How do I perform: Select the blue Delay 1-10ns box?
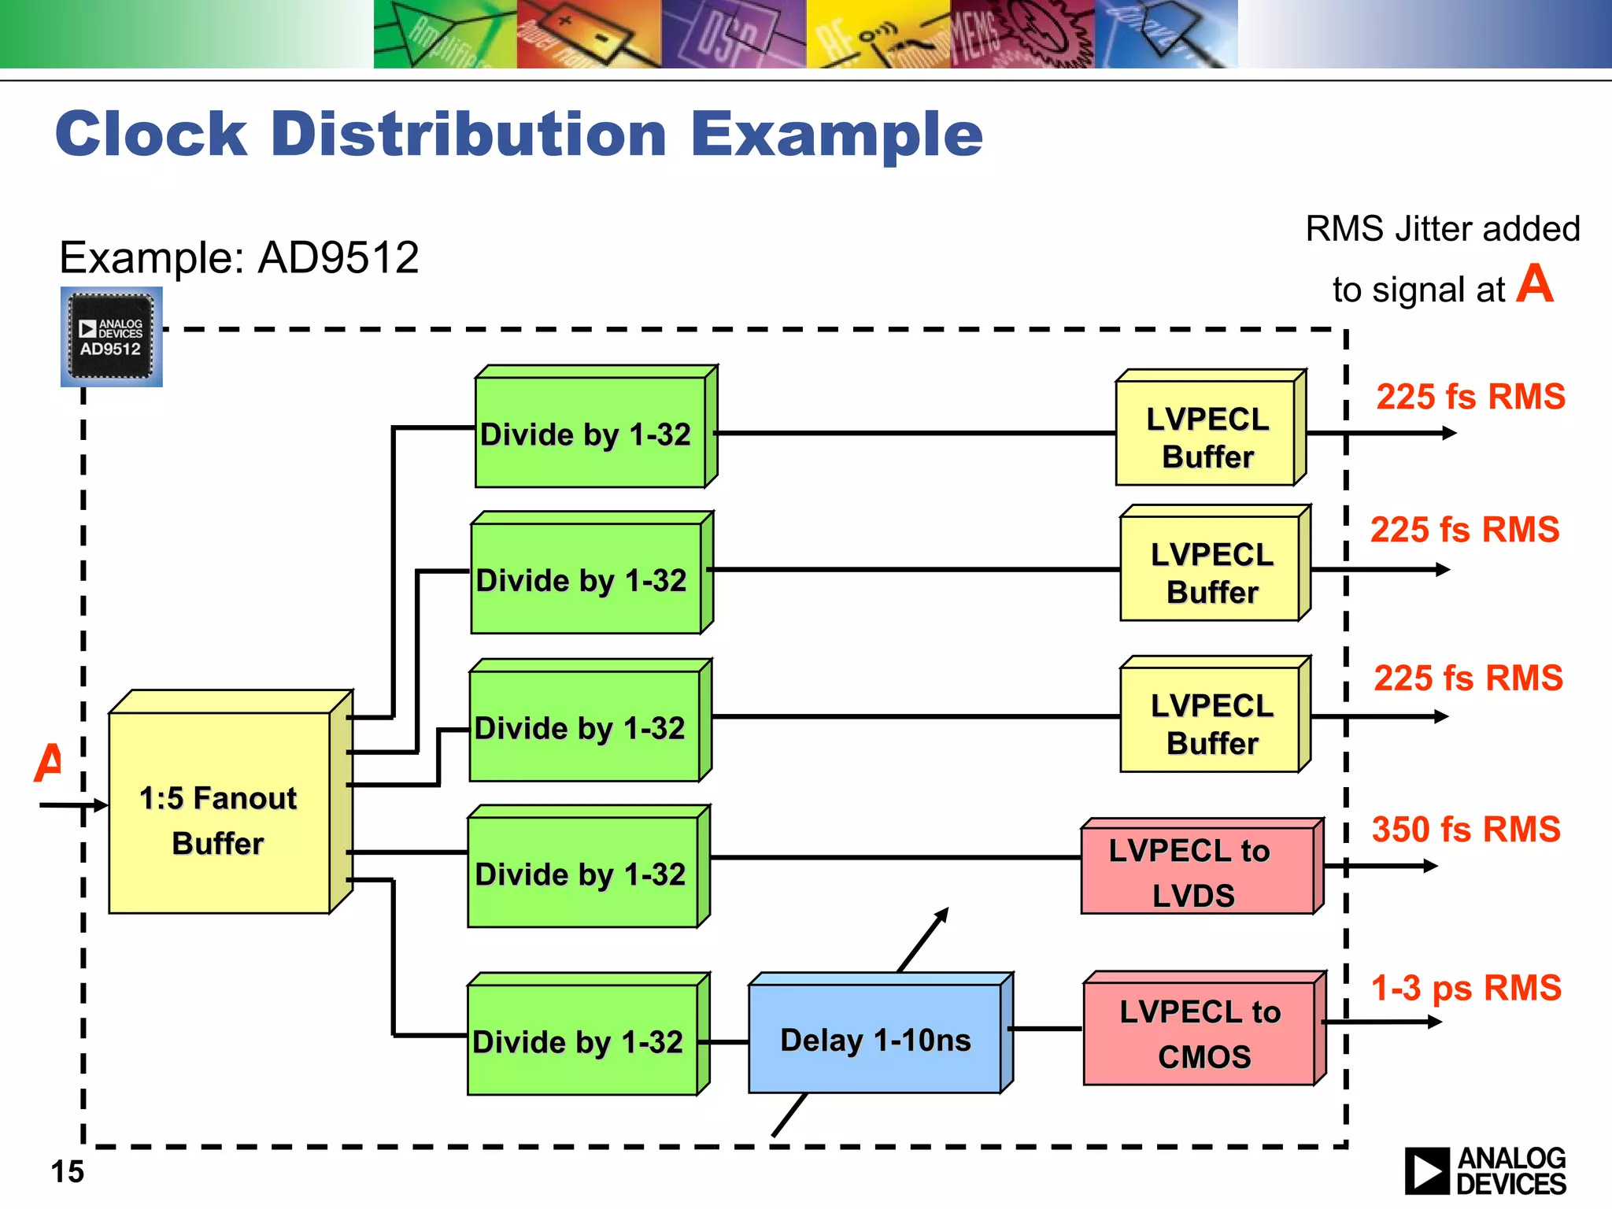tap(875, 1040)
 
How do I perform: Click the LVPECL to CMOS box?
tap(1200, 1033)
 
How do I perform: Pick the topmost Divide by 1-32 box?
tap(590, 432)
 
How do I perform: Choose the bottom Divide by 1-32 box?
tap(582, 1040)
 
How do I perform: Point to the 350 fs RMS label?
tap(1466, 830)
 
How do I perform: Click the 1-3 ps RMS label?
tap(1466, 988)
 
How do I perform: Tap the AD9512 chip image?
tap(111, 337)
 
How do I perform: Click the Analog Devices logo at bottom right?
tap(1484, 1170)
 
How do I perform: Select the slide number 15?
tap(67, 1172)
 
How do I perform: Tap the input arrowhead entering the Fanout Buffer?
tap(100, 805)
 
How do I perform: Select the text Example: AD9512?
tap(238, 257)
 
